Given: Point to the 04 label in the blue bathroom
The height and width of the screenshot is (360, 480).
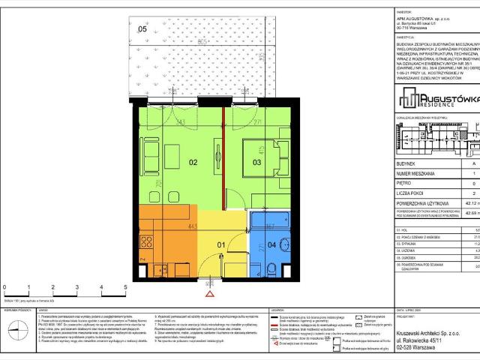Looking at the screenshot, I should tap(270, 244).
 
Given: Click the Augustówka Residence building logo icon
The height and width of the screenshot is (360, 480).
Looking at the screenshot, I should tap(407, 97).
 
